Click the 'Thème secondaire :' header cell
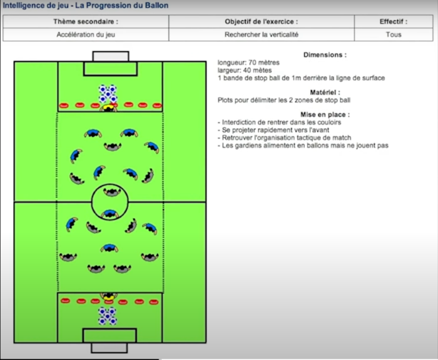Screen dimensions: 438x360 (x=86, y=21)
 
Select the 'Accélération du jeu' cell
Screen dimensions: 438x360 (x=86, y=34)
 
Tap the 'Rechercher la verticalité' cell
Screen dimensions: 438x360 (x=262, y=34)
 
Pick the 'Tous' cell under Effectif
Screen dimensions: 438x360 (x=394, y=34)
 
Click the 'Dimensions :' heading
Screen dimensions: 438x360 (x=325, y=55)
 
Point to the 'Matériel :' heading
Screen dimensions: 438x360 (x=325, y=92)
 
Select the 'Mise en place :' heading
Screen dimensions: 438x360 (x=325, y=114)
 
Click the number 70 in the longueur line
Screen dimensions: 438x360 (x=253, y=62)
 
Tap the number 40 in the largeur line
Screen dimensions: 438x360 (x=247, y=71)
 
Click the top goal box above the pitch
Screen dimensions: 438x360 (x=111, y=56)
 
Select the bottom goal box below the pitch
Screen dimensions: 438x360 (x=109, y=348)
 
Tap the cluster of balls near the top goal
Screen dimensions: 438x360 (x=108, y=93)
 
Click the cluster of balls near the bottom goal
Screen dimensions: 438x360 (x=107, y=316)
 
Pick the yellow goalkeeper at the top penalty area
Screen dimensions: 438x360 (x=108, y=107)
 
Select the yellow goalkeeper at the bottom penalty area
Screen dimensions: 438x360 (x=109, y=296)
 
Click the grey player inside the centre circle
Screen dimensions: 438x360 (x=112, y=192)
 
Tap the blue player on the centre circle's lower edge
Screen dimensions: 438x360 (x=109, y=214)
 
